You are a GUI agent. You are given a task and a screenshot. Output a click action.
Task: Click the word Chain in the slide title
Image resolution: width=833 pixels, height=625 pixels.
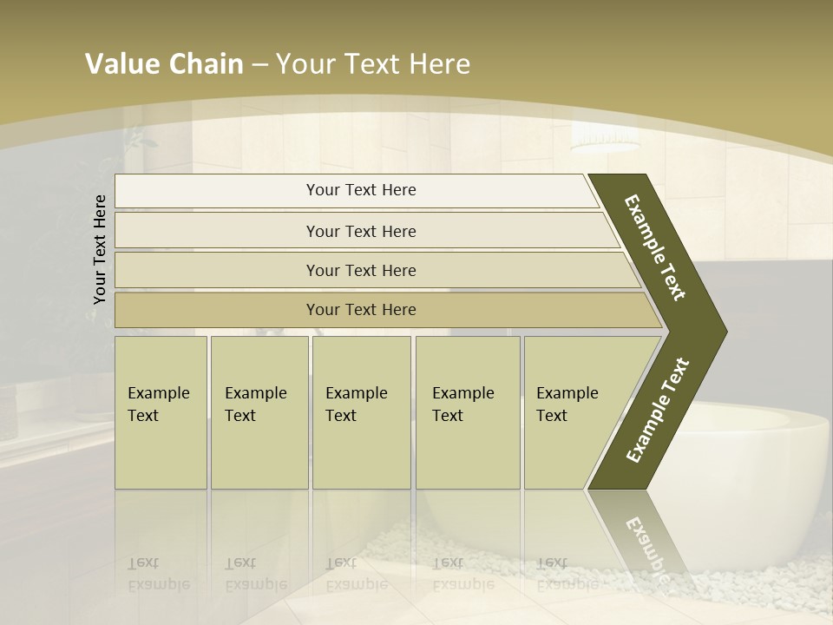tap(206, 64)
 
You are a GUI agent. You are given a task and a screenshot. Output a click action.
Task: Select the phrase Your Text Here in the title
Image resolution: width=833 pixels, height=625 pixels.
tap(373, 64)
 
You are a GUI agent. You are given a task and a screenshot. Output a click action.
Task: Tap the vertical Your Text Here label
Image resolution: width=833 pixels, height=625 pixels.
tap(100, 249)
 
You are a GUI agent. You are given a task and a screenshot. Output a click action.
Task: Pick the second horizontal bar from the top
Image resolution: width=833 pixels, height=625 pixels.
tap(360, 231)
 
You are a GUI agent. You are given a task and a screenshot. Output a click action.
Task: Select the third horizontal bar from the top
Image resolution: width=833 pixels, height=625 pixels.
tap(360, 270)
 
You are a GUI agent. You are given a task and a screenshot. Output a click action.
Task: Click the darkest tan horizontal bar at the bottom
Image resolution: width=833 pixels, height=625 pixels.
tap(360, 310)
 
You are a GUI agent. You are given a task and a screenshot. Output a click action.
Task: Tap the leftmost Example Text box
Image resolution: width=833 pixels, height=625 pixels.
tap(161, 412)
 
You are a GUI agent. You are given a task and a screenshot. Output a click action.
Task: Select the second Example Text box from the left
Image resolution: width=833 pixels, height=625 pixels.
tap(259, 412)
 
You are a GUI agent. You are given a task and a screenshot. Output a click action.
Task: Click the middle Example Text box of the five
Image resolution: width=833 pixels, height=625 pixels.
tap(361, 412)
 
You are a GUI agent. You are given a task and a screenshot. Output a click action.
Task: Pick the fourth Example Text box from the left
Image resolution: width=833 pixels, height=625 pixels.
tap(467, 412)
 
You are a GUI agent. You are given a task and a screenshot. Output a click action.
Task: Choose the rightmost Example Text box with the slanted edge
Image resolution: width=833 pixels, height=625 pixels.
tap(573, 412)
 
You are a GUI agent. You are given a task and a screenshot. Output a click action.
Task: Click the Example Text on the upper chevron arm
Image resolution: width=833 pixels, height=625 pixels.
tap(655, 248)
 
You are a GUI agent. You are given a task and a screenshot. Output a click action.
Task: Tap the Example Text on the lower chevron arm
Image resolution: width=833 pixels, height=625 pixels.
tap(658, 410)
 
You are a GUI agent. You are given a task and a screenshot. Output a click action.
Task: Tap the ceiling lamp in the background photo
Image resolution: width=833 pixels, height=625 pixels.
tap(605, 139)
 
